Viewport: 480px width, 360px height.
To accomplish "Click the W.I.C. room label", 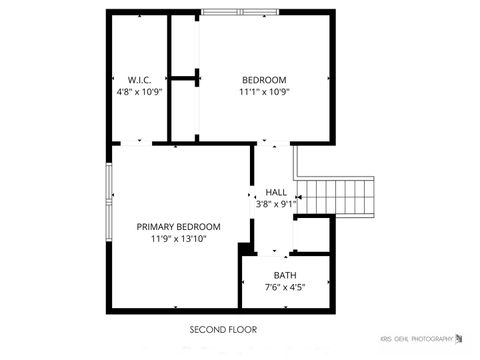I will coord(138,80).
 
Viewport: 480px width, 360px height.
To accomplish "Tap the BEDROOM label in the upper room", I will coord(264,80).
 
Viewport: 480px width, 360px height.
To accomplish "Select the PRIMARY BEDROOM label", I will coord(178,227).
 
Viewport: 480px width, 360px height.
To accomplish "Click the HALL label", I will coord(276,192).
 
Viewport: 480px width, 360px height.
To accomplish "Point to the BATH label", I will coord(285,275).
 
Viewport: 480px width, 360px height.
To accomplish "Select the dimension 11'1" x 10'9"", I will coord(264,92).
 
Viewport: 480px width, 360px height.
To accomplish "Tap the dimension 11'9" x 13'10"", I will coord(178,240).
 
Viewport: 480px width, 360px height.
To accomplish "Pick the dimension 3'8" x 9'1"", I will coord(276,204).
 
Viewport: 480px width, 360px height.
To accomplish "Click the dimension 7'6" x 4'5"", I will coord(285,288).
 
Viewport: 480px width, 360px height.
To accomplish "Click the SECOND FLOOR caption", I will coord(223,329).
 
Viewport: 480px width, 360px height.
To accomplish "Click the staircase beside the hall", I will coord(340,196).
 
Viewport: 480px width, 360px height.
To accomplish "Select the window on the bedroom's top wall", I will coord(236,12).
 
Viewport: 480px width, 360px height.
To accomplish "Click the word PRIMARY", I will coord(158,227).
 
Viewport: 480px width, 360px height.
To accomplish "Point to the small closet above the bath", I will coord(312,233).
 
